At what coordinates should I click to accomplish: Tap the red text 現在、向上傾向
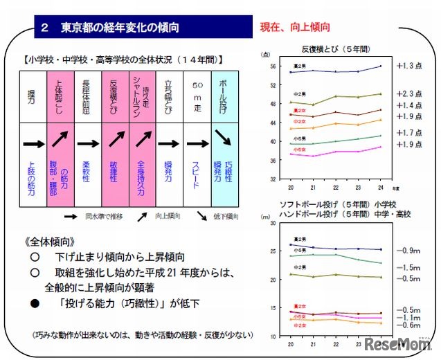click(x=295, y=28)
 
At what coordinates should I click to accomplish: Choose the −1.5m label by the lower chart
click(x=410, y=267)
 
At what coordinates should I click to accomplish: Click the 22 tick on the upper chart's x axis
click(x=336, y=186)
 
